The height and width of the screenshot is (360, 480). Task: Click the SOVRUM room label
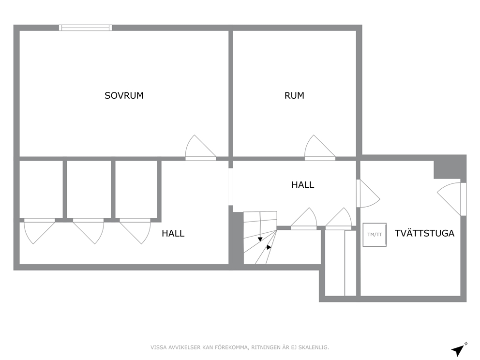pos(124,95)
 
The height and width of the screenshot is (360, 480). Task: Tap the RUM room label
pos(294,95)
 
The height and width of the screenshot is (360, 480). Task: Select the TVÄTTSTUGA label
pos(424,233)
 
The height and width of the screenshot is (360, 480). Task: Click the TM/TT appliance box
pos(375,235)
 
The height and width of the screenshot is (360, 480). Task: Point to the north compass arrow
pos(459,349)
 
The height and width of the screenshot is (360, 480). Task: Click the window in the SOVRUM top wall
pos(86,28)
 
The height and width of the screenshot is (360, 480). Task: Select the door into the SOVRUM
pos(201,148)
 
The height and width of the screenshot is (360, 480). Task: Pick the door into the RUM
pos(320,148)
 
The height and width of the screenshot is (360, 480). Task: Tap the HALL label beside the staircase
pos(303,185)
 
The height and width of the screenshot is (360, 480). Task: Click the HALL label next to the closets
pos(173,234)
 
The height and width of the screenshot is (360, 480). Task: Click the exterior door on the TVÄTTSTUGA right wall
pos(452,199)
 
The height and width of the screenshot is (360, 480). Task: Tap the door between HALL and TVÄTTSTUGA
pos(368,194)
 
